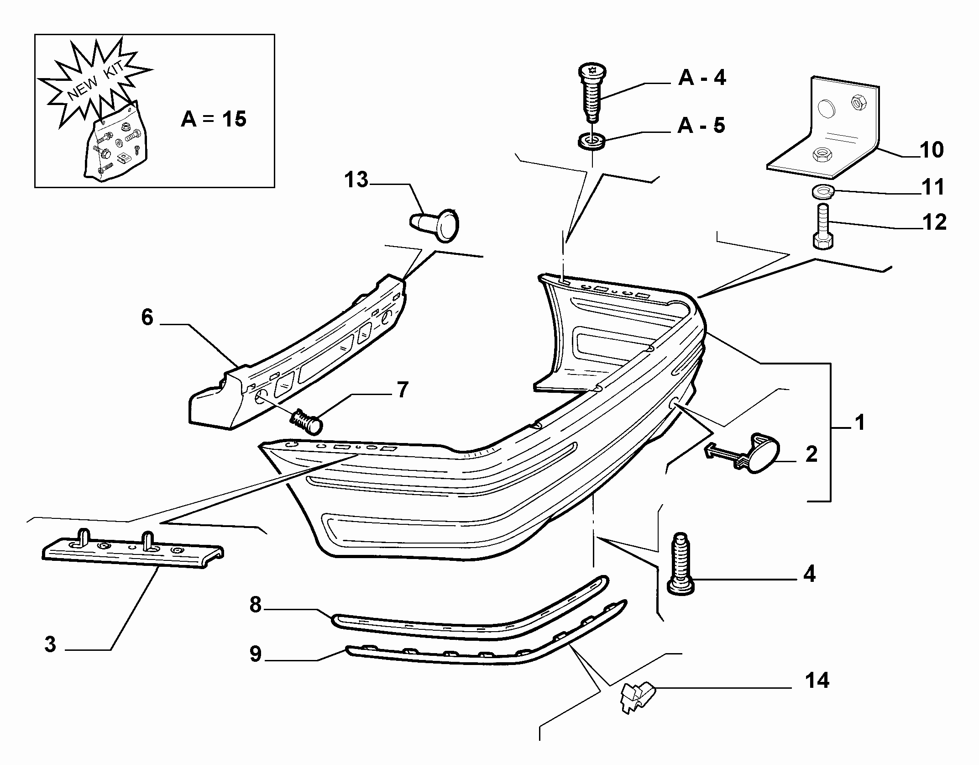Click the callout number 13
(356, 180)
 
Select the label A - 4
(702, 78)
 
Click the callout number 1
(859, 422)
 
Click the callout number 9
(256, 654)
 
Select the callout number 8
(256, 605)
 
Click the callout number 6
(147, 317)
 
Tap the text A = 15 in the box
(214, 119)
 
